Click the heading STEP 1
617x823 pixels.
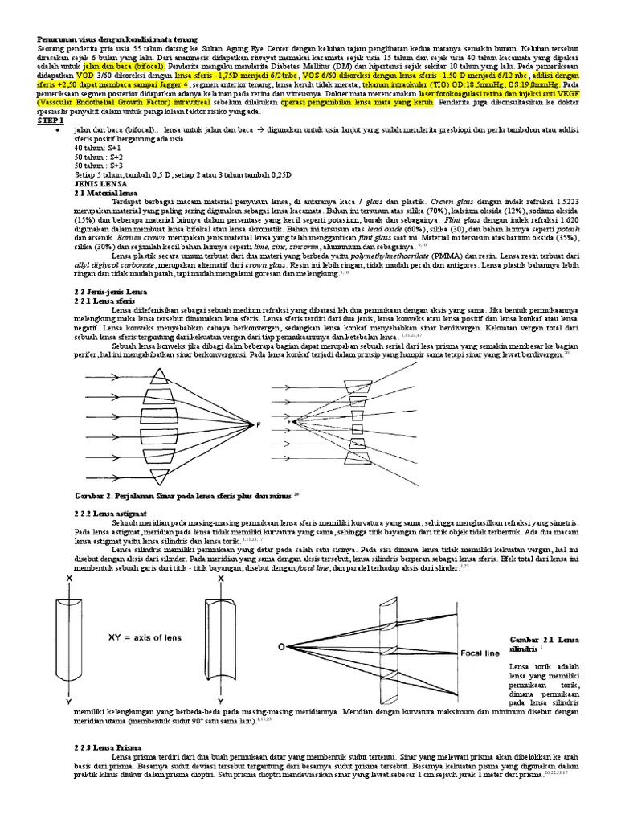click(50, 119)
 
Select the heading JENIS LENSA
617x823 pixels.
click(96, 183)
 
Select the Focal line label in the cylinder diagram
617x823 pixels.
click(461, 653)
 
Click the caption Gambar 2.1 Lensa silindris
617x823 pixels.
click(543, 644)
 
